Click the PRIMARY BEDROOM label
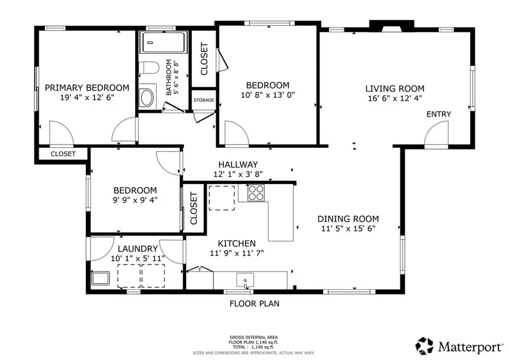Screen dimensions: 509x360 coord(87,88)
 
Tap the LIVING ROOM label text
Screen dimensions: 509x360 coord(395,89)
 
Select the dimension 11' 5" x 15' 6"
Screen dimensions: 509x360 coord(348,229)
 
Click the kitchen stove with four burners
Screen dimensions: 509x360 coord(256,192)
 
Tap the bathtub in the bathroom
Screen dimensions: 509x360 coord(164,42)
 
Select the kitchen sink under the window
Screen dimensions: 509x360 coord(245,281)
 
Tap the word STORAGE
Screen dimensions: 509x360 coord(204,100)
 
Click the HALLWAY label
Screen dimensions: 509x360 coord(238,165)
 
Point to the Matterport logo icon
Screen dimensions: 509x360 coord(425,346)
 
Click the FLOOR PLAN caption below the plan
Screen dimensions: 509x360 coord(255,304)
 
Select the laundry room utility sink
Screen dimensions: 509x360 coord(100,278)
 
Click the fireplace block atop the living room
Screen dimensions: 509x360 coord(392,26)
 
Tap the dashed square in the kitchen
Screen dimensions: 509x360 coord(222,198)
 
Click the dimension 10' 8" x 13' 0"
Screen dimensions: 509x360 coord(268,95)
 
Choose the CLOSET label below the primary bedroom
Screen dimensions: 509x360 coord(63,154)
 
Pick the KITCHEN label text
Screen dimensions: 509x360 coord(236,244)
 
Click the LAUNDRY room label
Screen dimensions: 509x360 coord(137,249)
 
